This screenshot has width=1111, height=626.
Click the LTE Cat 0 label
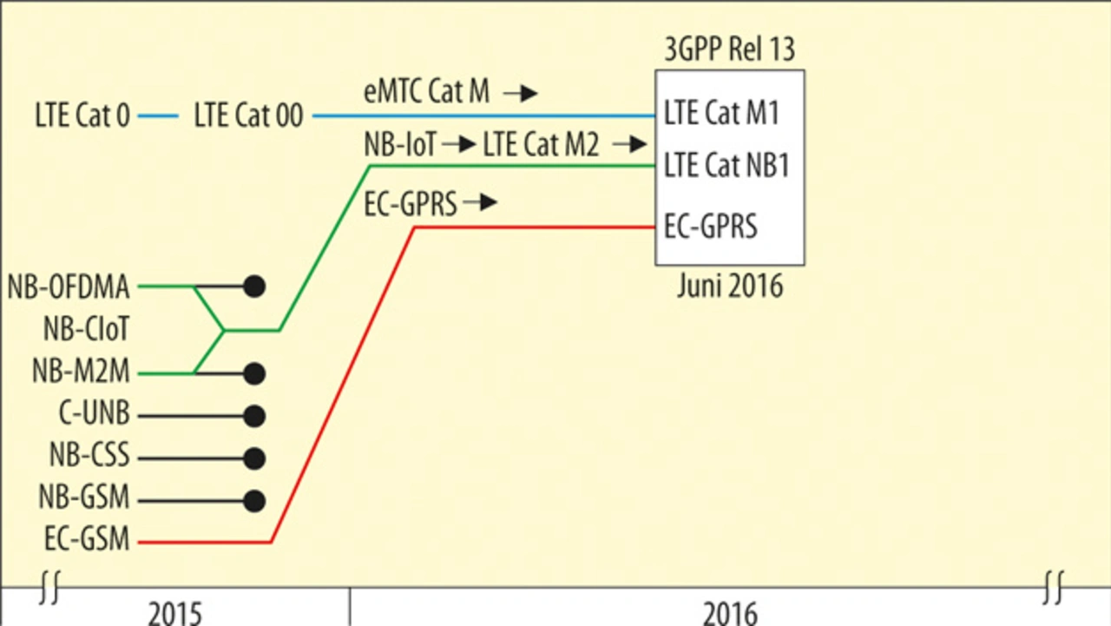pos(82,115)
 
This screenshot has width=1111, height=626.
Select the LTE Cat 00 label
pos(248,115)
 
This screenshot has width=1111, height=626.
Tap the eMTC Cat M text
pos(426,92)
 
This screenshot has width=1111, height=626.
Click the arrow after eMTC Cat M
pos(521,93)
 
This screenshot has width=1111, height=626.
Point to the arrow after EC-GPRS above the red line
pos(480,203)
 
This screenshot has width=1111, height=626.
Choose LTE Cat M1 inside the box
pos(721,113)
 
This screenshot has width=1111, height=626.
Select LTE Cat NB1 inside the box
pos(726,165)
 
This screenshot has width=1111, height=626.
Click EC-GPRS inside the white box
pos(710,227)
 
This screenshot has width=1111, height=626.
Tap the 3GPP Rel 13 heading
pos(729,49)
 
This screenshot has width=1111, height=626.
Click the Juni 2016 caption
pos(730,286)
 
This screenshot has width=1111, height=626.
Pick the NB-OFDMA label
pos(69,287)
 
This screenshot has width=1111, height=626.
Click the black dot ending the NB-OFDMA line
pos(253,287)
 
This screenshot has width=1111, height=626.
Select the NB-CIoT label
pos(86,330)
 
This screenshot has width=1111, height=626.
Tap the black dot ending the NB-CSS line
pos(253,458)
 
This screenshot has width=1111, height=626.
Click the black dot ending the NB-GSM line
pos(253,501)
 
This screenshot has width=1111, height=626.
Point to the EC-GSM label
pos(87,541)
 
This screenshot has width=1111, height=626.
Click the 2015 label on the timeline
pos(174,613)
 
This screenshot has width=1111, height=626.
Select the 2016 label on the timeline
pos(730,613)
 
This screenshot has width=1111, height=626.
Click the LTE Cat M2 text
pos(541,145)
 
